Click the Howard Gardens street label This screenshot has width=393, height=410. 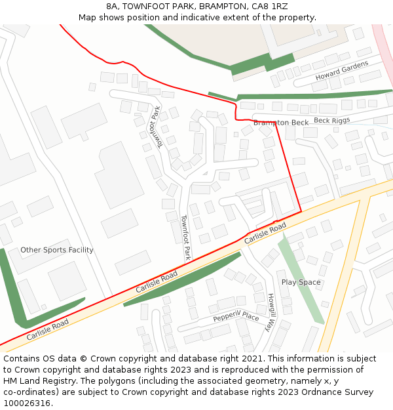pos(341,70)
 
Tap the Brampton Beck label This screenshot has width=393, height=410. pos(281,123)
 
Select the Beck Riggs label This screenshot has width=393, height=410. pos(331,120)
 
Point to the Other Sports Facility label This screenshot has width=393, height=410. pos(57,250)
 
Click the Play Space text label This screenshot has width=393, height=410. pos(301,282)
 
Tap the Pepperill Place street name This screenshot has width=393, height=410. pos(236,316)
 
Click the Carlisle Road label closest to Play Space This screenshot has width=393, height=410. pos(266,234)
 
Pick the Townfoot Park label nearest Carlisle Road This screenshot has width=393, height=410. pos(185,238)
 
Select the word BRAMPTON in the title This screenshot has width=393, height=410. pos(219,6)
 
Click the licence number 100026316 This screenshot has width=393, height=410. pos(28,403)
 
